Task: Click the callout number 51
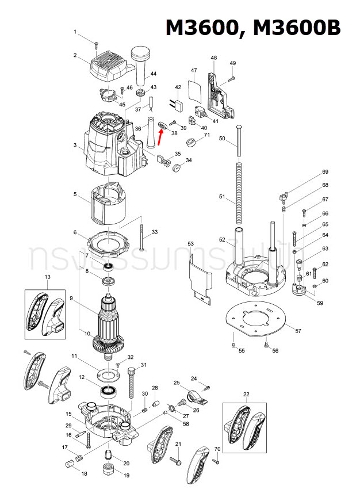223,197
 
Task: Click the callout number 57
297,331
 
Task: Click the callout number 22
246,394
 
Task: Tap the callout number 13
48,278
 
